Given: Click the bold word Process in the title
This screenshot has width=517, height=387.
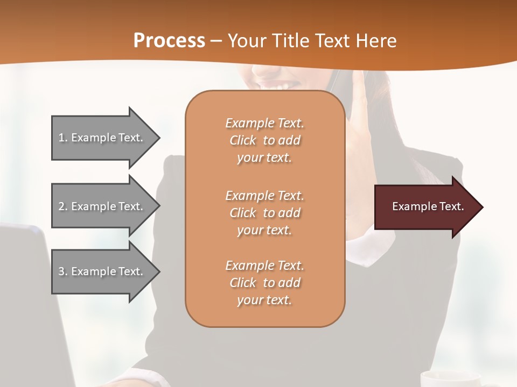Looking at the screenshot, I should [169, 41].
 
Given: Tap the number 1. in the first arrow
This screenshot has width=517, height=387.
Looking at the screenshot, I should [63, 138].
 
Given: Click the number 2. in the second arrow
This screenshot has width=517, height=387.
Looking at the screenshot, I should [63, 206].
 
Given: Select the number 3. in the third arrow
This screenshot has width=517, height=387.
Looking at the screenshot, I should [63, 271].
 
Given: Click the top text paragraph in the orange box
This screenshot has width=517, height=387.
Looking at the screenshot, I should [264, 140].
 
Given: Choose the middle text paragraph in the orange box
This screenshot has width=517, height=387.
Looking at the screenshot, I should [264, 213].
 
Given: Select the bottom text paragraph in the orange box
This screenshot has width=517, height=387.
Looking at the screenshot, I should [264, 283].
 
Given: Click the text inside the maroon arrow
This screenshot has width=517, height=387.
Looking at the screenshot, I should [428, 206].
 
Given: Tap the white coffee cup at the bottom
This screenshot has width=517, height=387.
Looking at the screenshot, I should [450, 378].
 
